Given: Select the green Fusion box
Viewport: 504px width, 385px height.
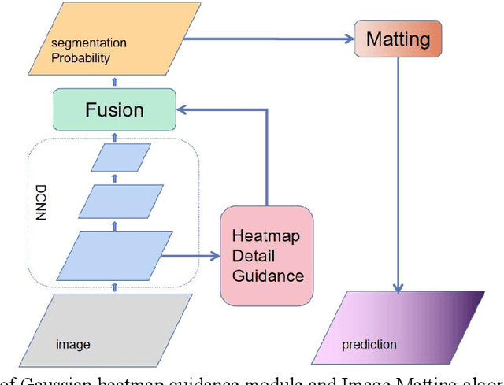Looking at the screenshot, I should (114, 109).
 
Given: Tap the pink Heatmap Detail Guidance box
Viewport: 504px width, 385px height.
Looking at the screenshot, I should (266, 255).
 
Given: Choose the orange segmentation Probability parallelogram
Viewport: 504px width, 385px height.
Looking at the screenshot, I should (114, 46).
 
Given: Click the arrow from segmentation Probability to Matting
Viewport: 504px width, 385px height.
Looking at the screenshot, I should (272, 38).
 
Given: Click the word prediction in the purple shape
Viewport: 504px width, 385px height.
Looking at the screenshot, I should (369, 345).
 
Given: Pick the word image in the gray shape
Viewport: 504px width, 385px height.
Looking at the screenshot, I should (72, 345).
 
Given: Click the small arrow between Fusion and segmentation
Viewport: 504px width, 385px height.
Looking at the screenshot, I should (115, 81).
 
